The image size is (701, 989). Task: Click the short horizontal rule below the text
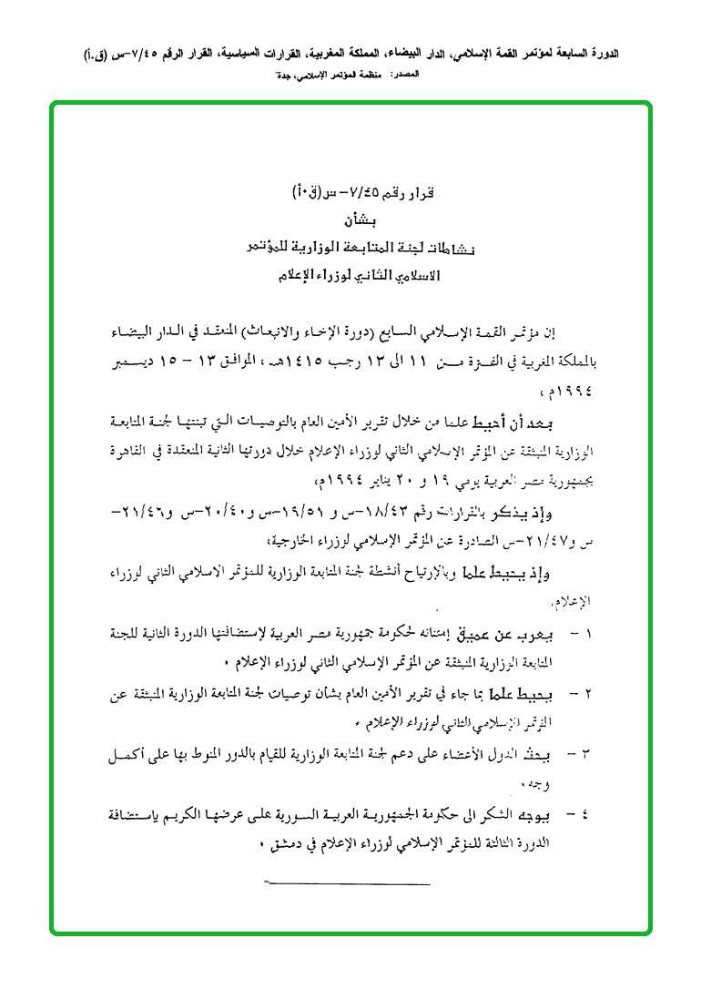pyautogui.click(x=346, y=883)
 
